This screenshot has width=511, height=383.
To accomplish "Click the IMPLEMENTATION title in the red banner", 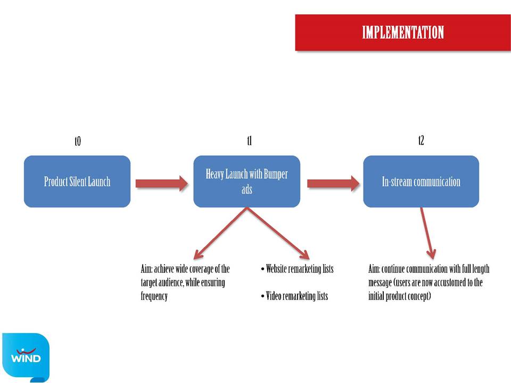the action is (x=403, y=32).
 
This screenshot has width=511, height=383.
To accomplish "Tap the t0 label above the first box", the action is (x=78, y=141).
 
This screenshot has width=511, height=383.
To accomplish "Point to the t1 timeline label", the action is (x=249, y=140).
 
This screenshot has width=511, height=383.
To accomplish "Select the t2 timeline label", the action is (x=421, y=140).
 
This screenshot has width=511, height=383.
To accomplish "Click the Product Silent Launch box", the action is (x=77, y=181).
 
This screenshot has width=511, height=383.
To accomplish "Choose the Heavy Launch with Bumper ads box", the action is (x=246, y=181).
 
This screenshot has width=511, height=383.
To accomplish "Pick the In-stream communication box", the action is (x=421, y=181).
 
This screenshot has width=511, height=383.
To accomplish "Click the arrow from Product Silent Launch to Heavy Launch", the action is (x=162, y=184).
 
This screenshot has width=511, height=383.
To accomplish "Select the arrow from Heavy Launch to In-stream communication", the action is (x=333, y=184).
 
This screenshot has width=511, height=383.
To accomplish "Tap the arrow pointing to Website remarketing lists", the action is (x=278, y=233).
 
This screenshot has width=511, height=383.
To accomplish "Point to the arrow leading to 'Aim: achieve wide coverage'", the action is (x=220, y=233).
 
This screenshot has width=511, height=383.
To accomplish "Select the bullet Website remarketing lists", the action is (x=297, y=269).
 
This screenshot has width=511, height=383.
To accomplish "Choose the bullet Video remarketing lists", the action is (x=294, y=296).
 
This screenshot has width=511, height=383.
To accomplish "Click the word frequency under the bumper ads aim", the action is (x=154, y=296).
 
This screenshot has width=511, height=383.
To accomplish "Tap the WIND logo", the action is (x=26, y=357).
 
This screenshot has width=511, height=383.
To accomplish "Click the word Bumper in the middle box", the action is (x=276, y=174).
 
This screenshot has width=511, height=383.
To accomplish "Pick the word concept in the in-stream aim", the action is (x=420, y=296).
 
